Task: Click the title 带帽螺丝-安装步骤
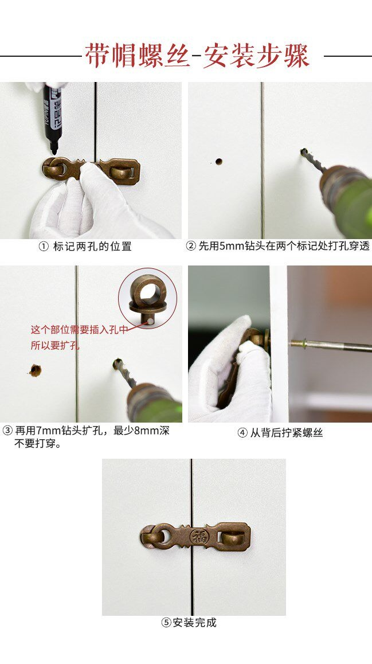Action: coord(197,56)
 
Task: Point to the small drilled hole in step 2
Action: coord(219,161)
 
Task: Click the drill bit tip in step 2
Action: coord(303,151)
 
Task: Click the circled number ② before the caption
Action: coord(191,246)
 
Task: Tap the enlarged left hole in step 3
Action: coord(35,370)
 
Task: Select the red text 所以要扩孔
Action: coord(54,345)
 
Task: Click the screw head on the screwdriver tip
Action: coord(296,343)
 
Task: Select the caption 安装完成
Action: coord(194,622)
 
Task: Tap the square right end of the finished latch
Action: coord(234,537)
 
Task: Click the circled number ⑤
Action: coord(166,623)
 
